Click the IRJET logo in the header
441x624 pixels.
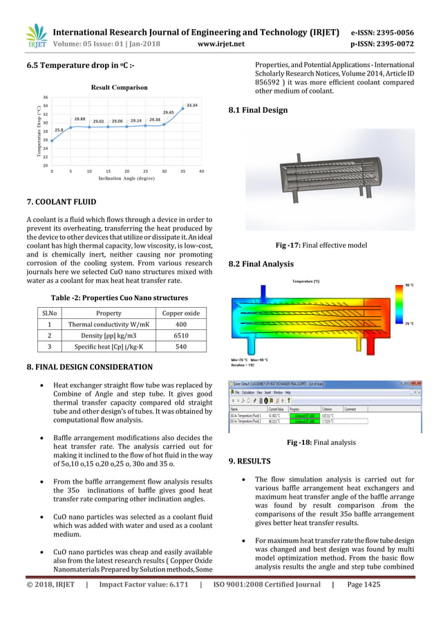point(36,37)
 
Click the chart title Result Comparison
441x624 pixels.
point(120,88)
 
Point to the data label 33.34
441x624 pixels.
point(192,105)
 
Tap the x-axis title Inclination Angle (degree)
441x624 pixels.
point(126,178)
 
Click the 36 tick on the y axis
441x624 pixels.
point(45,98)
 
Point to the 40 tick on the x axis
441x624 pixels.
point(201,170)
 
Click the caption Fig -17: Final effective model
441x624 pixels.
point(321,245)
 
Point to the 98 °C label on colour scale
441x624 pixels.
point(409,285)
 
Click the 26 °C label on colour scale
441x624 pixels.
point(409,324)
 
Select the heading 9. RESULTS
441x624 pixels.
point(250,461)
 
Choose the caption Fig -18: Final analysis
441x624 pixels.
point(321,443)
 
